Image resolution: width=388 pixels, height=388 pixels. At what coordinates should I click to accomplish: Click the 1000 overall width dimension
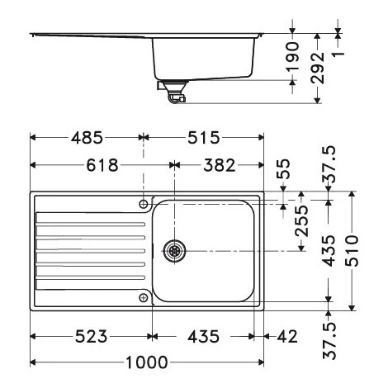(x=147, y=362)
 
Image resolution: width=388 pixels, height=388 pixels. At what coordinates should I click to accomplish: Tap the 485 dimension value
(x=87, y=137)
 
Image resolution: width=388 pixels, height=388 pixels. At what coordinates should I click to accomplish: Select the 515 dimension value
(x=204, y=137)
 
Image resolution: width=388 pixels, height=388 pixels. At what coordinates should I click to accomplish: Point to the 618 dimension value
(x=102, y=165)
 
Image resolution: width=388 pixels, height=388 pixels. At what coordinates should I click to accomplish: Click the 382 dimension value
(x=220, y=165)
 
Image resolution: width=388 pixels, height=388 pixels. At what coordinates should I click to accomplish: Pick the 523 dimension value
(x=91, y=336)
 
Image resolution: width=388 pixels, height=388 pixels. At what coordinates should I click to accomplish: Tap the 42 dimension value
(x=287, y=336)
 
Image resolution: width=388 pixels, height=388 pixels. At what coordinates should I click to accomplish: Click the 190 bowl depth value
(x=292, y=56)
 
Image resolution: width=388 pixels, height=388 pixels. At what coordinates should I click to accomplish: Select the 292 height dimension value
(x=318, y=68)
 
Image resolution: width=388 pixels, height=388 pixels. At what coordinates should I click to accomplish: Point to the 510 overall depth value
(x=353, y=251)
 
